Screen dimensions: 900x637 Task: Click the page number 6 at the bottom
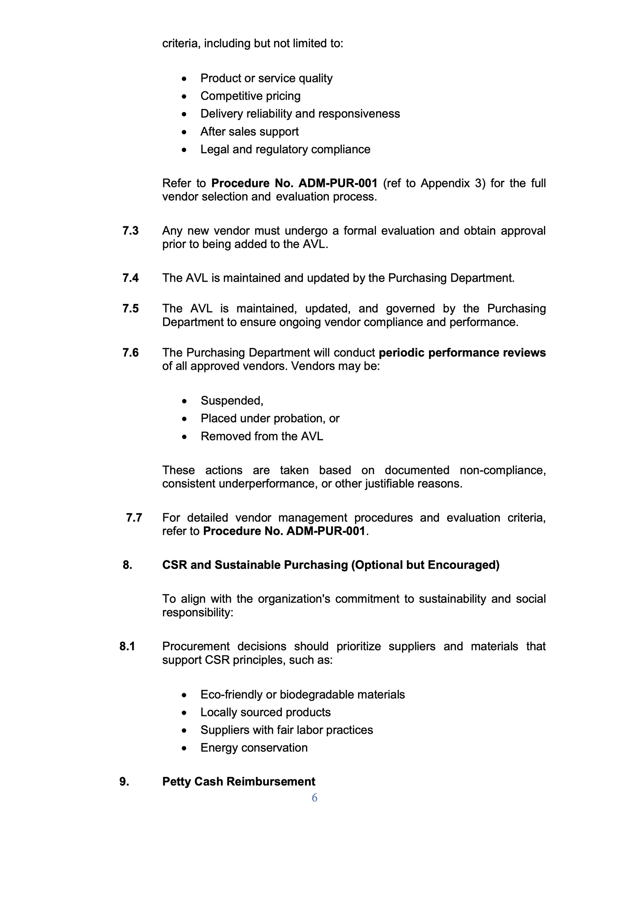(314, 798)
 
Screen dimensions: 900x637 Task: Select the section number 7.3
(131, 231)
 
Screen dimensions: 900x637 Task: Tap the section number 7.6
(131, 353)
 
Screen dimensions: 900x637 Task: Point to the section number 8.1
(127, 646)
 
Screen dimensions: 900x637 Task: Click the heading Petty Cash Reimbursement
(239, 782)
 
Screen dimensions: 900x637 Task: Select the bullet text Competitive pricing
(250, 96)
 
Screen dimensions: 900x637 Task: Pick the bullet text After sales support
(249, 132)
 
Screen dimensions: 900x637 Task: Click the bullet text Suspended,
(232, 401)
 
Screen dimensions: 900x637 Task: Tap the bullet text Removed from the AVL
(261, 436)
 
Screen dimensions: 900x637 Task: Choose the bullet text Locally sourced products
(266, 712)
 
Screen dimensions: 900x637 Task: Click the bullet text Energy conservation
(254, 748)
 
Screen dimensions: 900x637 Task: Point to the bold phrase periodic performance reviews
(462, 353)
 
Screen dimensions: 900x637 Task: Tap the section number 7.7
(134, 518)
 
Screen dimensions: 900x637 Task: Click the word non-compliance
(503, 470)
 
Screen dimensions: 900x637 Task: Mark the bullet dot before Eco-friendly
(185, 695)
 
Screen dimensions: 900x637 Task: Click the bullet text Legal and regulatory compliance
(285, 149)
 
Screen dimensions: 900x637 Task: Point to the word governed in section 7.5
(410, 309)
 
